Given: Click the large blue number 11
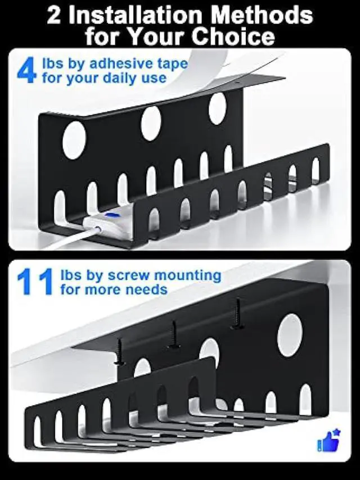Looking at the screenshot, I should click(35, 282).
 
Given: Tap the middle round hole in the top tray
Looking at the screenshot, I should click(151, 123).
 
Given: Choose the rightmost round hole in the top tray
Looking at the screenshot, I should click(217, 108).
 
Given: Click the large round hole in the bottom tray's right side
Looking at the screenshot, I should click(290, 335).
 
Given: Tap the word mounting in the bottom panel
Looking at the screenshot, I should click(187, 275).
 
